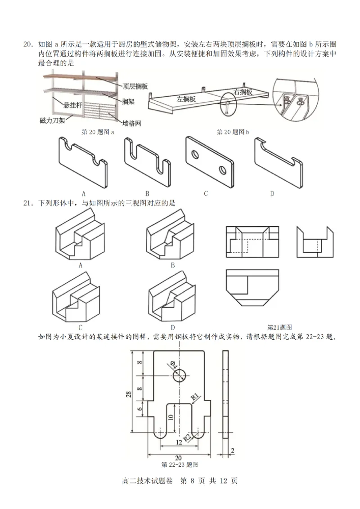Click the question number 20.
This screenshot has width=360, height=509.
click(x=28, y=45)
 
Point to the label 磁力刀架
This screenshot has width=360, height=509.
click(x=53, y=120)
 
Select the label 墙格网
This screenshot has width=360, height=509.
click(x=131, y=122)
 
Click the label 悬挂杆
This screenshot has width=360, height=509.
click(x=73, y=105)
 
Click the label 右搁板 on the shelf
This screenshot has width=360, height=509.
click(x=243, y=91)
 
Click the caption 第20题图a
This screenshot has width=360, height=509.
click(x=97, y=132)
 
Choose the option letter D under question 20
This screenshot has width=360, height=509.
click(x=272, y=194)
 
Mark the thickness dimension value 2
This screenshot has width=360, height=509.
click(x=233, y=451)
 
